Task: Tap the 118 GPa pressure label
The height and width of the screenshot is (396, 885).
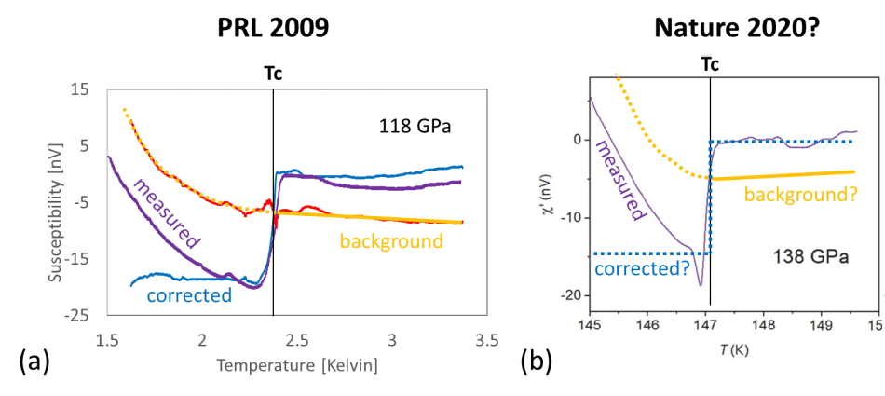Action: click(x=415, y=125)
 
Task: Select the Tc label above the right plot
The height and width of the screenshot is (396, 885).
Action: click(x=710, y=68)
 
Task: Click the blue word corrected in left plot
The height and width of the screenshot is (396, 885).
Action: click(x=189, y=295)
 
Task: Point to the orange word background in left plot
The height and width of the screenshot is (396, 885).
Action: click(x=390, y=241)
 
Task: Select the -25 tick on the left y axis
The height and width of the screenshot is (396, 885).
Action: click(x=77, y=315)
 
